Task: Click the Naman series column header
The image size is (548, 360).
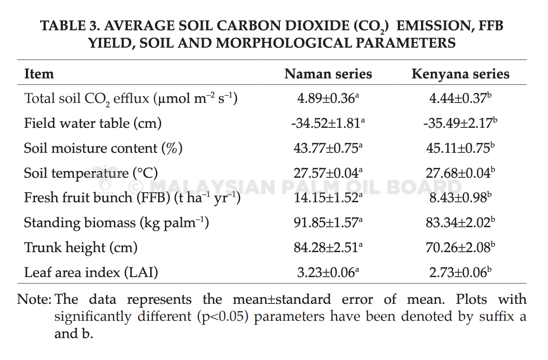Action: click(x=328, y=74)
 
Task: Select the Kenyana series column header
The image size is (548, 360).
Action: click(x=460, y=74)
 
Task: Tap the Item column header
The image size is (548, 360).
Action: click(x=39, y=74)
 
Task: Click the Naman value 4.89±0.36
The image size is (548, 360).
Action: click(x=328, y=98)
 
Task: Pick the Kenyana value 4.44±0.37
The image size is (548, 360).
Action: click(x=460, y=98)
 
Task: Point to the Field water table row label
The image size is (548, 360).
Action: click(x=93, y=123)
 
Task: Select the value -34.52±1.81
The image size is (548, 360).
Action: click(x=328, y=123)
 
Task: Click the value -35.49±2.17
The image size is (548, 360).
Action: click(x=460, y=123)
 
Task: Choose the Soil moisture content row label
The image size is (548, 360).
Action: click(x=103, y=148)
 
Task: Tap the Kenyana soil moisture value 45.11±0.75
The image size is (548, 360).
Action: click(x=460, y=148)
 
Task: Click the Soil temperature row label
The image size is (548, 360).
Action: click(x=91, y=173)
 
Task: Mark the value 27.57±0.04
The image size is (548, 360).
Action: click(x=328, y=173)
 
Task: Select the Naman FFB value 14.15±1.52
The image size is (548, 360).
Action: click(x=328, y=197)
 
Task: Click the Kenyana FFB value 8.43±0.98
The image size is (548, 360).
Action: click(x=460, y=197)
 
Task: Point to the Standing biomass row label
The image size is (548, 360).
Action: click(x=116, y=223)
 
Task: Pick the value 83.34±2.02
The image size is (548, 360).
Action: click(x=460, y=223)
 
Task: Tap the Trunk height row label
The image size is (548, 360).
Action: click(x=81, y=248)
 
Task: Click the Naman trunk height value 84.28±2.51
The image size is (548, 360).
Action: click(x=328, y=247)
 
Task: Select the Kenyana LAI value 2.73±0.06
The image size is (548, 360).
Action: click(x=460, y=272)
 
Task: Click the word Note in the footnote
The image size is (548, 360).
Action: click(x=33, y=299)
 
